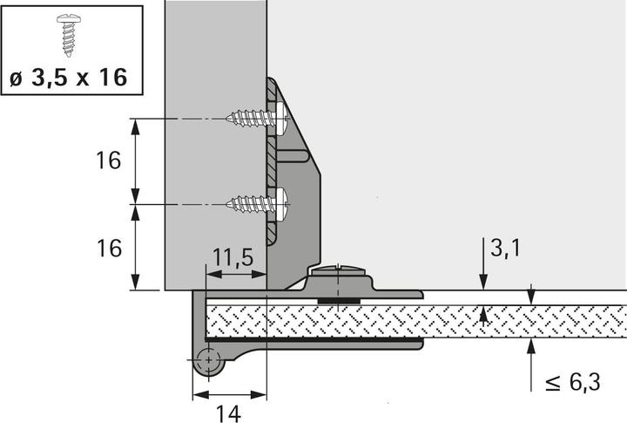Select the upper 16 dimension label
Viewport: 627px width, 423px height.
click(x=108, y=161)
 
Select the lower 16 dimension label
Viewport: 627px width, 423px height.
click(x=108, y=248)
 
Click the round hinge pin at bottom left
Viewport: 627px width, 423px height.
click(x=207, y=361)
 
